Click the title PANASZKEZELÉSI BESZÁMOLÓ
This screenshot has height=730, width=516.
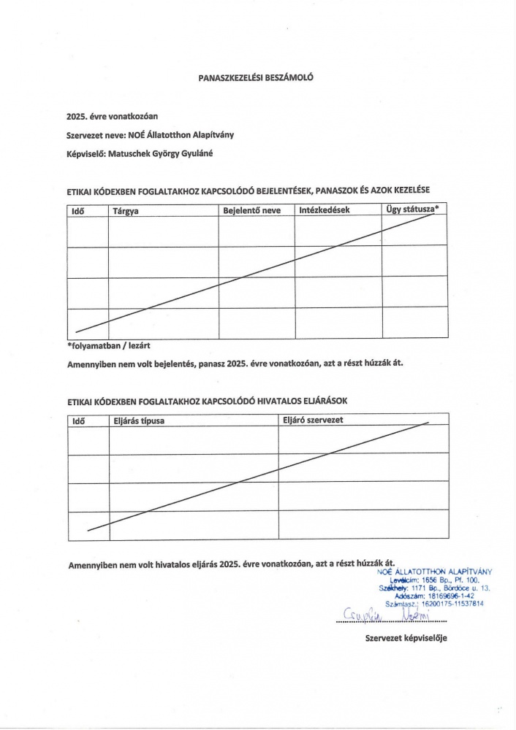tap(255, 76)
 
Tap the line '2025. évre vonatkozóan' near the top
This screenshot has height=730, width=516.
tap(113, 116)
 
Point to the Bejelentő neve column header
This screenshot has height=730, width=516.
tap(251, 211)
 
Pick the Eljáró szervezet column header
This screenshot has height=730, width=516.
tap(313, 420)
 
